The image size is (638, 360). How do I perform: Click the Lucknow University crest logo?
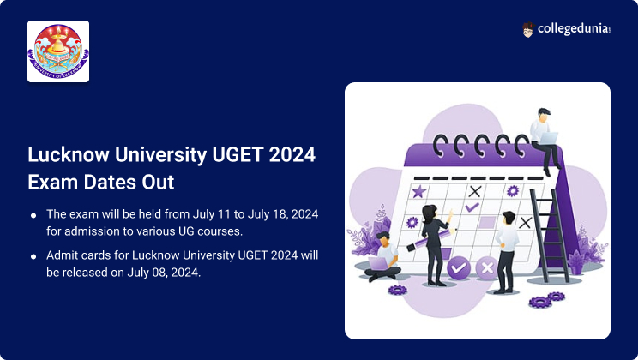pos(58,51)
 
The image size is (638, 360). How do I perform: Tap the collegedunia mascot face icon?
pos(527,30)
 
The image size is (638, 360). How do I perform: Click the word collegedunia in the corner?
pos(574,29)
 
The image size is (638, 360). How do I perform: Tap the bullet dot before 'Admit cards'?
pos(33,256)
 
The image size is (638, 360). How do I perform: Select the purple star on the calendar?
pos(419,191)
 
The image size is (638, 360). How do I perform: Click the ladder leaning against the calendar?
pos(549,236)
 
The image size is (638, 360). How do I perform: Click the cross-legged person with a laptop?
pos(382,257)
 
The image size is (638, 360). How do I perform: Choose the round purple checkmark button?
pos(459,267)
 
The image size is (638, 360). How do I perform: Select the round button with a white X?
pos(487,268)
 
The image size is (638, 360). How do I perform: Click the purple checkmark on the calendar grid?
pos(472,207)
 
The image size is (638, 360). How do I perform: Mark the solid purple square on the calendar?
pos(487,223)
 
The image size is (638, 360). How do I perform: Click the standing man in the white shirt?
pos(506,252)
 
